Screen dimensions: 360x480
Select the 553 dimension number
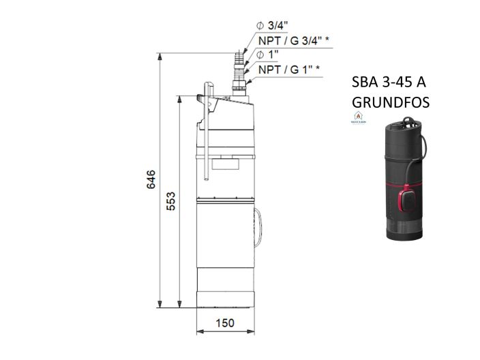pyautogui.click(x=172, y=202)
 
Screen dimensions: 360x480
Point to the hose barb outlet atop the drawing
pyautogui.click(x=239, y=61)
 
